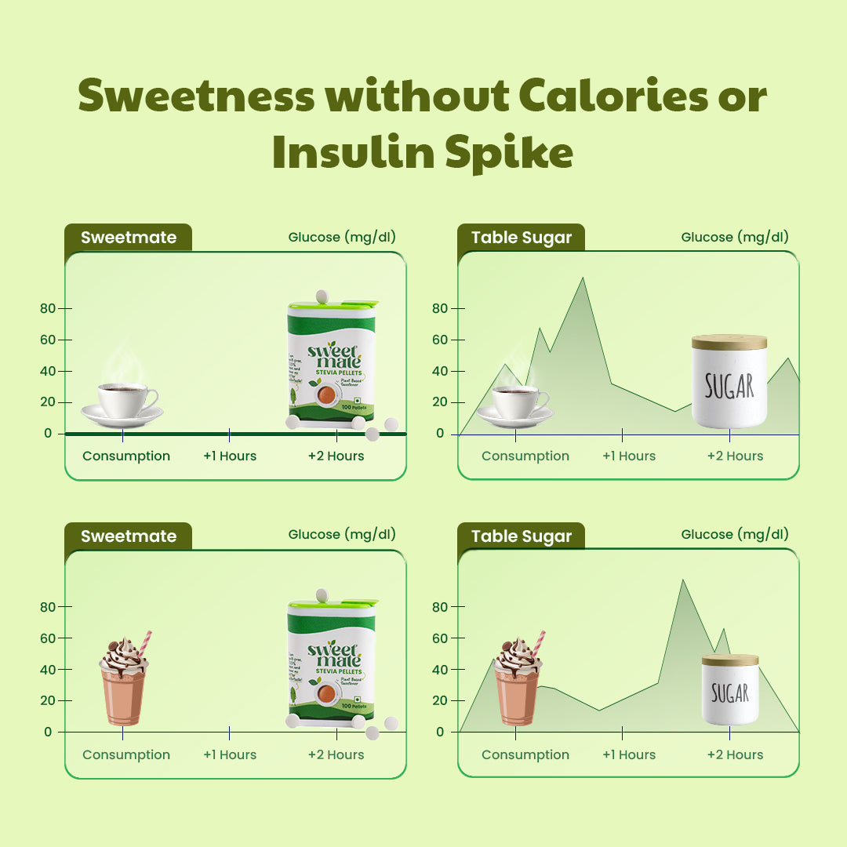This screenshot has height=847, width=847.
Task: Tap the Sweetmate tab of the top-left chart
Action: tap(128, 238)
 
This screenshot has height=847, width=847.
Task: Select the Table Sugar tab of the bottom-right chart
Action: tap(522, 536)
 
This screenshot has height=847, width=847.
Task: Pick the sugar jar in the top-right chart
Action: tap(729, 382)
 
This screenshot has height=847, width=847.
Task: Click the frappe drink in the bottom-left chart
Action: tap(124, 680)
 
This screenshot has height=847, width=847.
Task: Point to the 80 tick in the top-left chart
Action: tap(49, 308)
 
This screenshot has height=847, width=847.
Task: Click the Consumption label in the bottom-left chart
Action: tap(126, 754)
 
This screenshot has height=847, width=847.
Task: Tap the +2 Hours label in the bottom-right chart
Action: tap(735, 754)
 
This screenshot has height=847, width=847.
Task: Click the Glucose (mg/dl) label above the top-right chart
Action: tap(735, 237)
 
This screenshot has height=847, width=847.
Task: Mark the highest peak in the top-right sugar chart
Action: tap(582, 278)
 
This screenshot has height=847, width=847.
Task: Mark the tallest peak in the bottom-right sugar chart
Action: tap(682, 581)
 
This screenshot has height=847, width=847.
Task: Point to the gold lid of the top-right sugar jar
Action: tap(729, 342)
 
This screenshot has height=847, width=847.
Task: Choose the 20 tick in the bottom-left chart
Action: tap(49, 700)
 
